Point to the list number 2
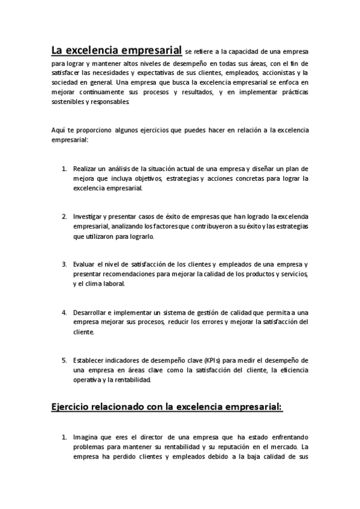[x=64, y=216]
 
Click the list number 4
[x=64, y=312]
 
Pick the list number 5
[x=64, y=360]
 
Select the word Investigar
[x=89, y=216]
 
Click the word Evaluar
[x=85, y=264]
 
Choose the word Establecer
[x=90, y=360]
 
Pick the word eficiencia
[x=293, y=370]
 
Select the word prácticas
[x=291, y=92]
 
